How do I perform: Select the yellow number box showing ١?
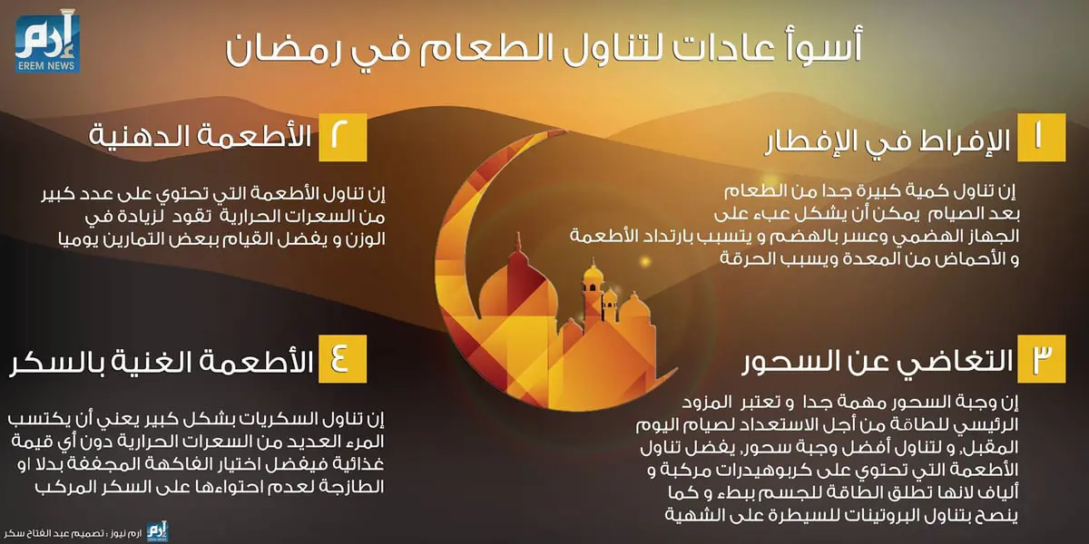(x=1040, y=138)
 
